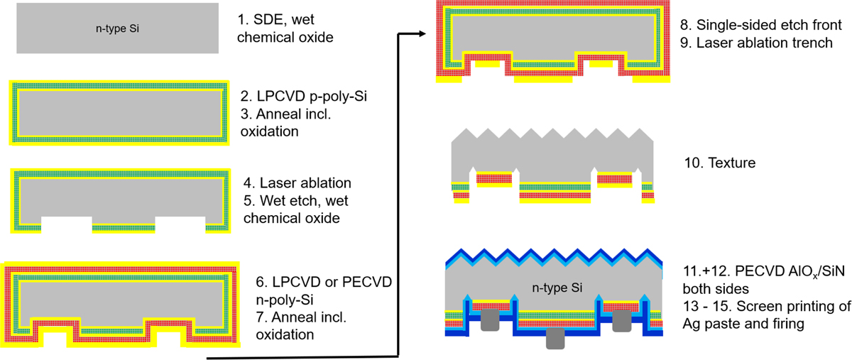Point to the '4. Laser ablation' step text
pyautogui.click(x=289, y=183)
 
